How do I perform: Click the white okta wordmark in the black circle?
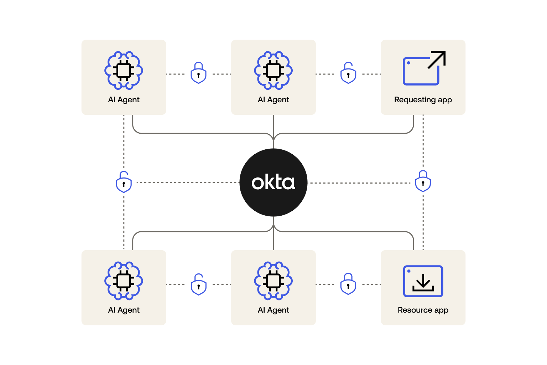(273, 182)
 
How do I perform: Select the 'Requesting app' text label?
(423, 100)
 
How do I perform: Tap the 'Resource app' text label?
(423, 310)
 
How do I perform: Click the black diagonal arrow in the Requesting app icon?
(437, 59)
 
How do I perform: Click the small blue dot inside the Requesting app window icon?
(408, 63)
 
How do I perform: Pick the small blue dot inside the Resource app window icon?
(409, 271)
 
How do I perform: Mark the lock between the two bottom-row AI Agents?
(199, 285)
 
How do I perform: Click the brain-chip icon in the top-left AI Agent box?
(124, 70)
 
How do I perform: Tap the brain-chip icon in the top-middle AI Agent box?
(273, 70)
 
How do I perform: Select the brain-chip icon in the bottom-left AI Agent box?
(124, 281)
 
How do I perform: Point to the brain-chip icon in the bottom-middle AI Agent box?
(273, 281)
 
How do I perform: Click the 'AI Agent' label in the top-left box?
(124, 100)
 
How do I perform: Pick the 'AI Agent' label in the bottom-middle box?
(273, 310)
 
